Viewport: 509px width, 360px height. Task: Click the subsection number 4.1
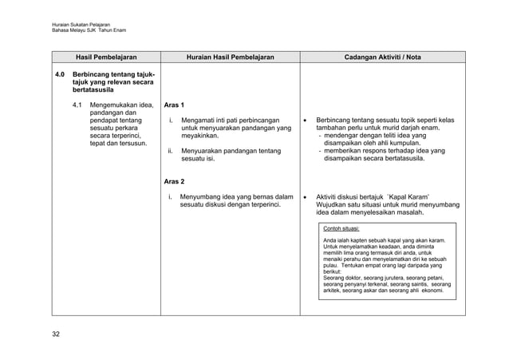coord(77,105)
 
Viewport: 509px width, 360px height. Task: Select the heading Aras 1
coord(174,105)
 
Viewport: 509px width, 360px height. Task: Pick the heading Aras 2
coord(174,182)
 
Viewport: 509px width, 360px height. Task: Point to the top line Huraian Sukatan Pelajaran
coord(81,24)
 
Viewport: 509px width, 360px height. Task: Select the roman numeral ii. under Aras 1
coord(170,150)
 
